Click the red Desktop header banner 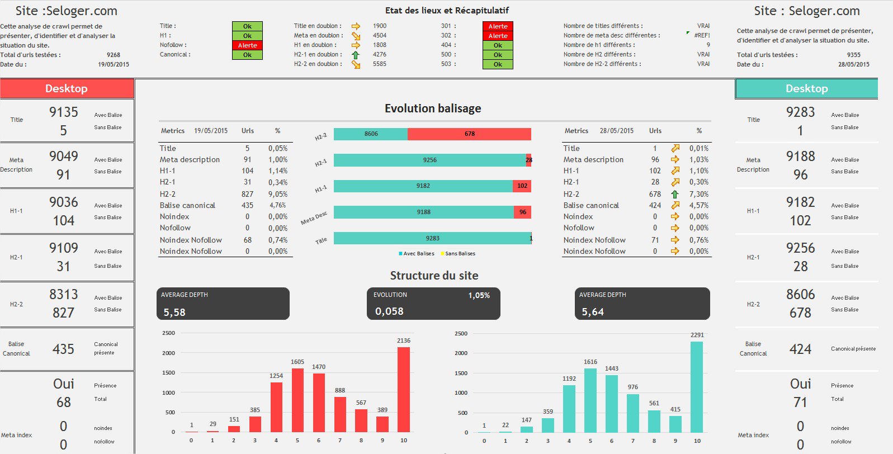point(67,88)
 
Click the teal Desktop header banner point(806,88)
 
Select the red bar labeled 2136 point(404,389)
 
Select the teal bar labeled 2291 point(697,387)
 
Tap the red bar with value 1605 point(297,400)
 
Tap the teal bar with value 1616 point(590,400)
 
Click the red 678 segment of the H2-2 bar point(469,134)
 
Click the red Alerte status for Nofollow point(247,45)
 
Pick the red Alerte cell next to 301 point(498,26)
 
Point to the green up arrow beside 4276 point(356,55)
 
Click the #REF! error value point(702,35)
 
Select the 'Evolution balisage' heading point(433,108)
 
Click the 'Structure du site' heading point(434,276)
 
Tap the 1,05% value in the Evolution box point(479,295)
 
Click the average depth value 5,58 point(174,312)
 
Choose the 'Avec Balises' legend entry point(417,254)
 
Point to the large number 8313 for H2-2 point(64,294)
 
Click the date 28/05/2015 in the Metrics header point(616,131)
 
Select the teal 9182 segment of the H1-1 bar point(423,186)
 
